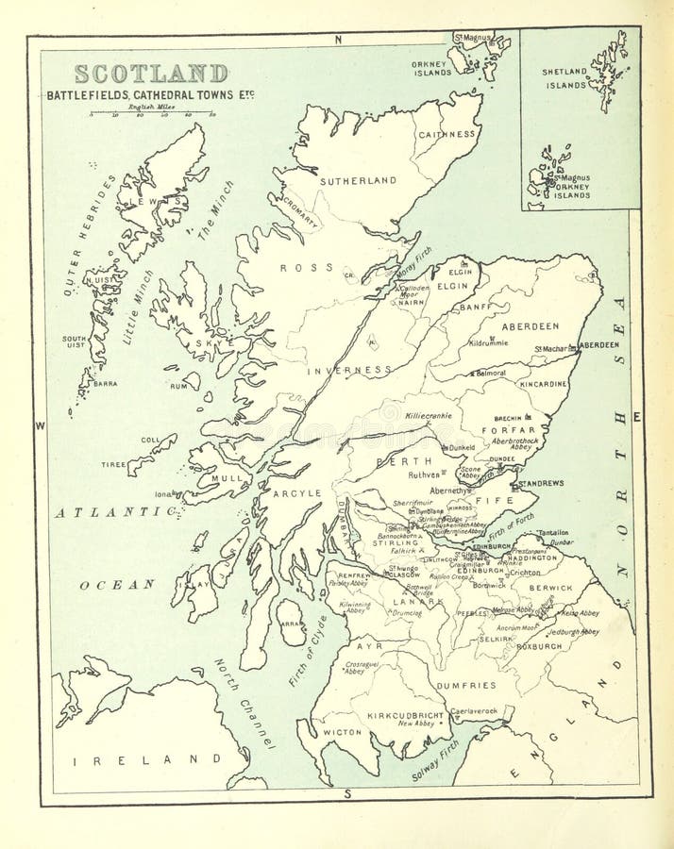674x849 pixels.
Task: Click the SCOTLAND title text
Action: tap(151, 74)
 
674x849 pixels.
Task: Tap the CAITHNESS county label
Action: tap(447, 134)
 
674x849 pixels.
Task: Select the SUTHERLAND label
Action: tap(356, 180)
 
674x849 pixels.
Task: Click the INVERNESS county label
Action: tap(348, 371)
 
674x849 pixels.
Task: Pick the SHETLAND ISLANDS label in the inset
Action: tap(564, 78)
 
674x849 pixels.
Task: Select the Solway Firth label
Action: tap(435, 760)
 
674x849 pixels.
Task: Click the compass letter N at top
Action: tap(337, 41)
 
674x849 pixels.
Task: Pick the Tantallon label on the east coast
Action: tap(553, 533)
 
